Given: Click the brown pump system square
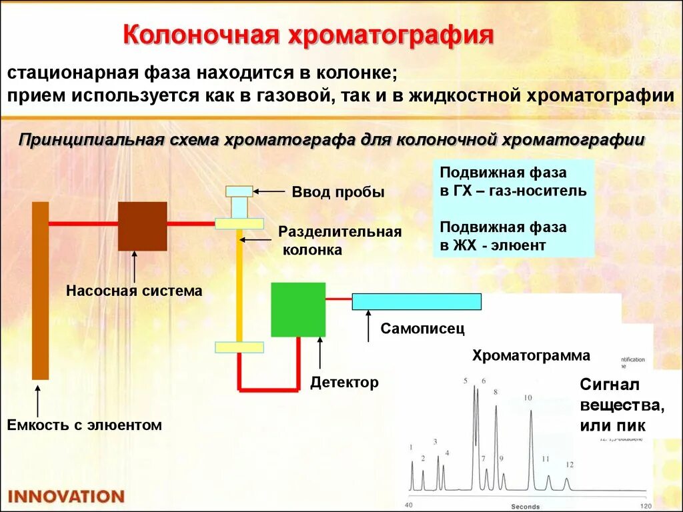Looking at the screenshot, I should [142, 226].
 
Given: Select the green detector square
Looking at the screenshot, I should [298, 309].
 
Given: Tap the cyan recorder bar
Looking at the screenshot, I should [416, 301].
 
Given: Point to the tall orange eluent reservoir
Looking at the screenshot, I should [40, 290].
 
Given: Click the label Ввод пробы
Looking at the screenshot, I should [338, 193].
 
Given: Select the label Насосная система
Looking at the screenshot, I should [134, 291].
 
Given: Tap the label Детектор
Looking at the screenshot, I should [344, 383].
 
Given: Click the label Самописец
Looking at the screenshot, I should [422, 329].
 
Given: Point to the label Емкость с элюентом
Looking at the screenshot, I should [85, 425].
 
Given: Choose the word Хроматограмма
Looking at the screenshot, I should [531, 355].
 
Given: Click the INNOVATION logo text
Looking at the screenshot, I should [66, 497].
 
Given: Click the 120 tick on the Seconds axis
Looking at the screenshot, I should [646, 505].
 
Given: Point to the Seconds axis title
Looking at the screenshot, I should [525, 507].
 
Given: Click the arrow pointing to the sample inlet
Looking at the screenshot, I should [269, 191].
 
